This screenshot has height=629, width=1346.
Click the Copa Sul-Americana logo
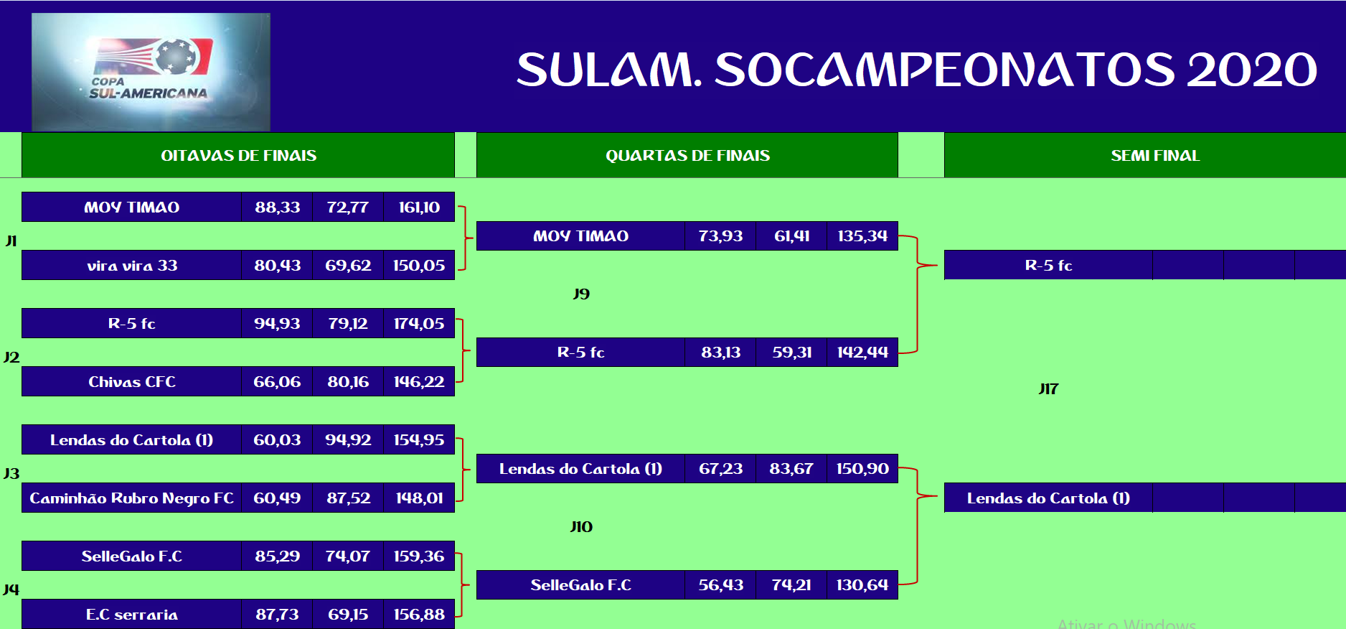point(151,72)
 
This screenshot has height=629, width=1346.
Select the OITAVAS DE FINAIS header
point(238,155)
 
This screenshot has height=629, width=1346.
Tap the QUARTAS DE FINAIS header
point(687,155)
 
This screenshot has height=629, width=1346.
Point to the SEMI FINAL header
point(1155,155)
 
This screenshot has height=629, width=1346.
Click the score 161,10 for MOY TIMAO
point(419,207)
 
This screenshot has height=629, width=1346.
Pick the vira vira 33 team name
point(132,265)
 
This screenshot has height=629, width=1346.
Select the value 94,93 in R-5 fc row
point(277,323)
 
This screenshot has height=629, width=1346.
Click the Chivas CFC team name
point(132,381)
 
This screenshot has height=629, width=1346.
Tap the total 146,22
point(419,381)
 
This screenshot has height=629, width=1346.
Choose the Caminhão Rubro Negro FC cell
point(132,498)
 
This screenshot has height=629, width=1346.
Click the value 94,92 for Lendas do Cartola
point(348,439)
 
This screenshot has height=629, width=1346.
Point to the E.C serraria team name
point(132,614)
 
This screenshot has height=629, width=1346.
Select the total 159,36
point(419,556)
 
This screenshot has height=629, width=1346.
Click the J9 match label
point(581,294)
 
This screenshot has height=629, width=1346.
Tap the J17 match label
point(1048,388)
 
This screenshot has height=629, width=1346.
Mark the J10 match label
point(581,526)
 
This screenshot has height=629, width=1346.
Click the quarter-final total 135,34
point(862,236)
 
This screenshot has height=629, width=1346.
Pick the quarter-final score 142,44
point(862,352)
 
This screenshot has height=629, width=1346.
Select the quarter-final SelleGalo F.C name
point(580,584)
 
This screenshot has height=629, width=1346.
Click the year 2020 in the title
point(1252,70)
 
